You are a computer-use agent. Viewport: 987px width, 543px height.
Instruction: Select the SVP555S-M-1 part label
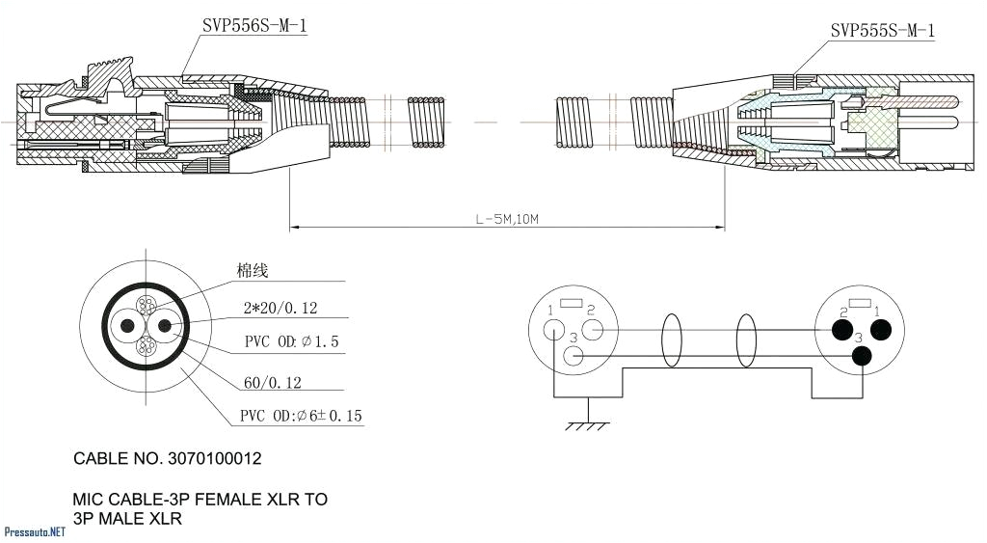(882, 31)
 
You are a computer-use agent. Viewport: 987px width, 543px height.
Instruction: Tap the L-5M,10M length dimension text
(507, 220)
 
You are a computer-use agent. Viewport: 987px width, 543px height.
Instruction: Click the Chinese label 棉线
(253, 271)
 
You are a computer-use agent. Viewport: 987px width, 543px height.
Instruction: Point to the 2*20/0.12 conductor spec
(280, 309)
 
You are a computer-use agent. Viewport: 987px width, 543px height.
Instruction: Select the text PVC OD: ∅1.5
(291, 342)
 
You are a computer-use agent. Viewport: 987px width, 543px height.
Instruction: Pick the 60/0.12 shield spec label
(273, 383)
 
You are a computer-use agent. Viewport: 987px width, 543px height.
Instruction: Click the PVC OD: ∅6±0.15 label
(301, 417)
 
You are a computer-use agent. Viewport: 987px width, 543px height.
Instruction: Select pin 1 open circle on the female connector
(553, 330)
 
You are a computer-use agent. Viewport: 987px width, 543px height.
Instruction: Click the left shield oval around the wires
(672, 342)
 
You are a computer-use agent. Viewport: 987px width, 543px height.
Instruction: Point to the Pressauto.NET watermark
(35, 531)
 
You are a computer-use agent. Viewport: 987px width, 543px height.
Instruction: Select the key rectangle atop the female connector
(571, 304)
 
